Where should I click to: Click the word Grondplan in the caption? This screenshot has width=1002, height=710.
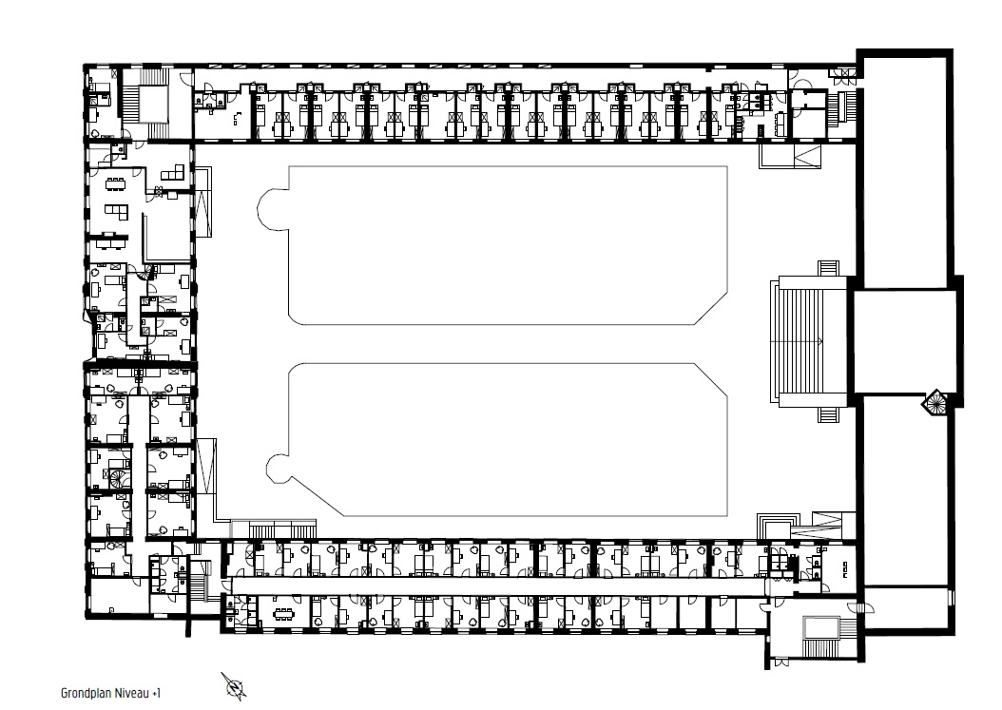click(x=85, y=694)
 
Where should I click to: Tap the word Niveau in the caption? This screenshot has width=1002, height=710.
click(x=130, y=694)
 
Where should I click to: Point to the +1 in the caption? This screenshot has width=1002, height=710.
click(x=157, y=694)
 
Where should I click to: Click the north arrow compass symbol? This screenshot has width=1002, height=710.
click(x=234, y=686)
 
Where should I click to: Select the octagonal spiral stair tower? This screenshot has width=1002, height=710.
click(x=935, y=403)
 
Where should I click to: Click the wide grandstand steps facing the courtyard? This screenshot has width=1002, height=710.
click(x=812, y=342)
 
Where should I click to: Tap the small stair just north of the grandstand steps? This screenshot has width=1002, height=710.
click(x=829, y=268)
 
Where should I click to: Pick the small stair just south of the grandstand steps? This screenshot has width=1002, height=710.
click(x=829, y=414)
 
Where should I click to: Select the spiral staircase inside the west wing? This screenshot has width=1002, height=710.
click(x=118, y=479)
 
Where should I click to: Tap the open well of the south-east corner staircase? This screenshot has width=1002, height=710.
click(x=820, y=628)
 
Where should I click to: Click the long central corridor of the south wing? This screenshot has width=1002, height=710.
click(x=498, y=585)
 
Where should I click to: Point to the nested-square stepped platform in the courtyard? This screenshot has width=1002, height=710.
click(x=777, y=527)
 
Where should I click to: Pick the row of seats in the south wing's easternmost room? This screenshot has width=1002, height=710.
click(x=847, y=568)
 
